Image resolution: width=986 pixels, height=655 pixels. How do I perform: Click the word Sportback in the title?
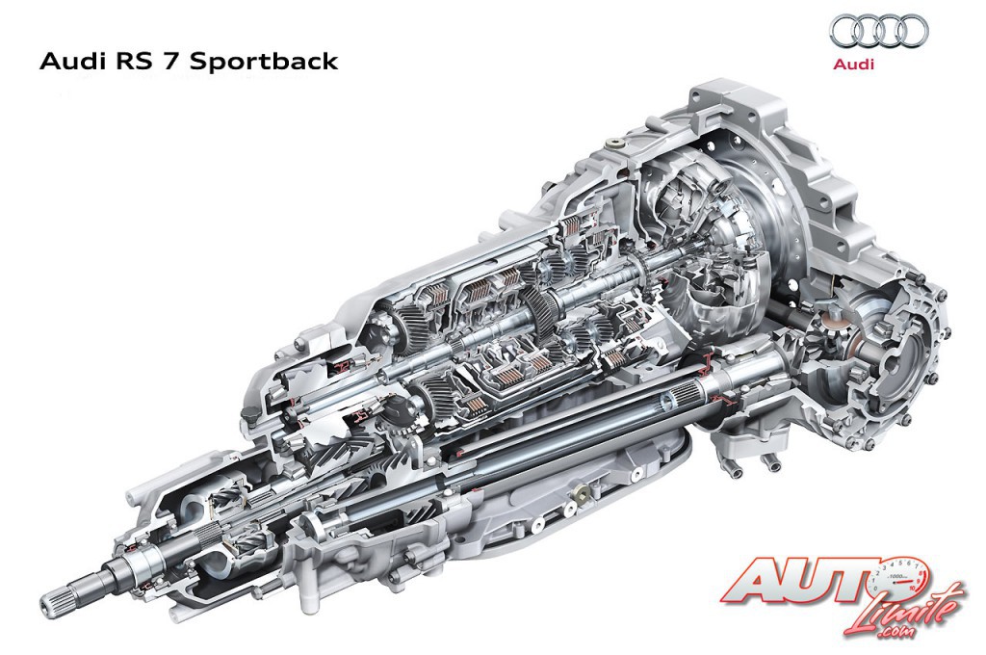click(264, 62)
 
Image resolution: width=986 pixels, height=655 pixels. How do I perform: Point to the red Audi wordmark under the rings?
click(853, 64)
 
